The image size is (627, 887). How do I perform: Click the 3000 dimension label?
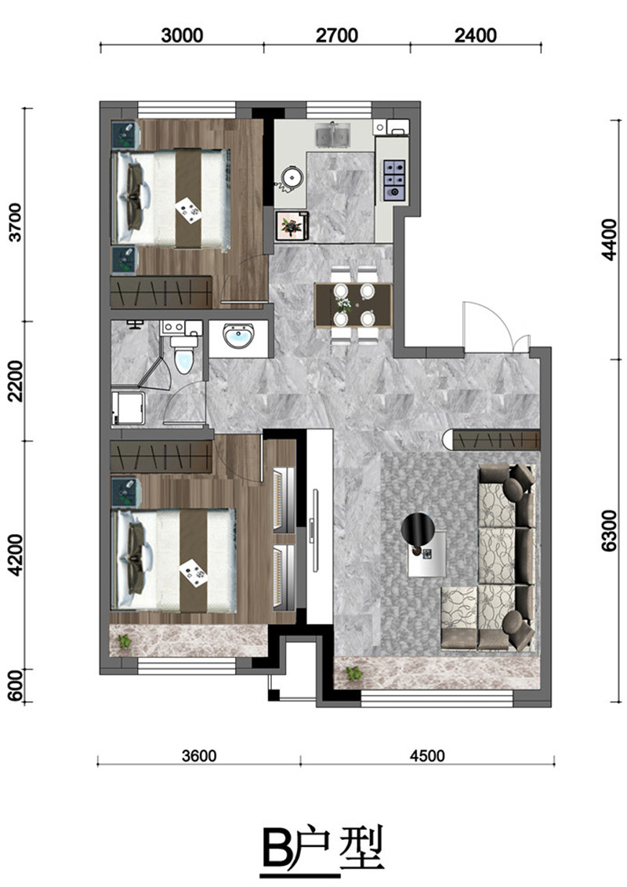point(182,35)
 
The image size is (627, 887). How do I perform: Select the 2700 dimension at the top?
point(337,35)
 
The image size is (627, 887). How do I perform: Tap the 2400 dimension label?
point(476,35)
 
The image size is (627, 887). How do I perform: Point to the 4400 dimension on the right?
point(610,240)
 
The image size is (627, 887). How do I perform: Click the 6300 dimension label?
point(610,531)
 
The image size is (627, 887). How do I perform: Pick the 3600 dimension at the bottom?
point(200,756)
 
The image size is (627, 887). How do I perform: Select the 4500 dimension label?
point(427,756)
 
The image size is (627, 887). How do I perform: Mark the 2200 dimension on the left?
point(16,381)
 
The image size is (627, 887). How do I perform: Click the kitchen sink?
point(332,135)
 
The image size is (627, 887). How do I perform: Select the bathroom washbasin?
point(238,338)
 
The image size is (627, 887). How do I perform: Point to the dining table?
point(353,306)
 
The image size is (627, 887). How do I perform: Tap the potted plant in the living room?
point(354,673)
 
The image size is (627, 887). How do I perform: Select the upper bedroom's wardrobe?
point(161,292)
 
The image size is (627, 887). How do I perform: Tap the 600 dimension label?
point(16,685)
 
